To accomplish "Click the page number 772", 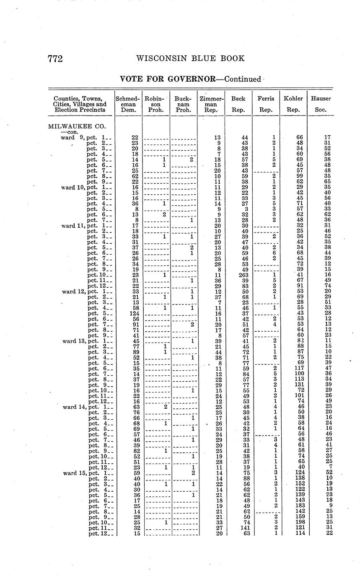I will [55, 59].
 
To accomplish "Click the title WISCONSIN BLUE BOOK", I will [190, 59].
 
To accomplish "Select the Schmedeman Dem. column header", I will [128, 104].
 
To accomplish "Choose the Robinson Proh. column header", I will [155, 104].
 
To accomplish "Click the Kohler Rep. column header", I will [293, 104].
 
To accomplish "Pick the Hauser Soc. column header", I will [321, 104].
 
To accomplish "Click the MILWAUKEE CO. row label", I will [77, 126].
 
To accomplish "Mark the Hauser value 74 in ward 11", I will [327, 286].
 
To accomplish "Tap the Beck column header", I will [238, 104].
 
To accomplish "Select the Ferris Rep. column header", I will [266, 104].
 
